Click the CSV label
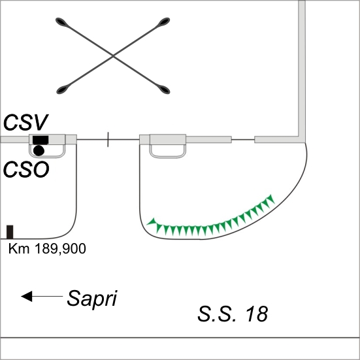point(25,123)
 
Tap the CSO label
point(26,170)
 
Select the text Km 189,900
point(47,249)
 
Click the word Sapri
point(92,299)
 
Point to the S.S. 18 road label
point(233,314)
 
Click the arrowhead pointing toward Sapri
point(27,296)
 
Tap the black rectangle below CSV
point(41,140)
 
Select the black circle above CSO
point(39,151)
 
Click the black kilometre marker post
point(10,232)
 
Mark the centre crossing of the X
point(113,56)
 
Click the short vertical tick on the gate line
point(108,139)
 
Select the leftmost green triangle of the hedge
point(152,222)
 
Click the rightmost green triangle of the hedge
point(270,199)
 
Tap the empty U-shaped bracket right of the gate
point(168,157)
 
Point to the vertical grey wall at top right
point(302,69)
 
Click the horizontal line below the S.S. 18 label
point(180,338)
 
